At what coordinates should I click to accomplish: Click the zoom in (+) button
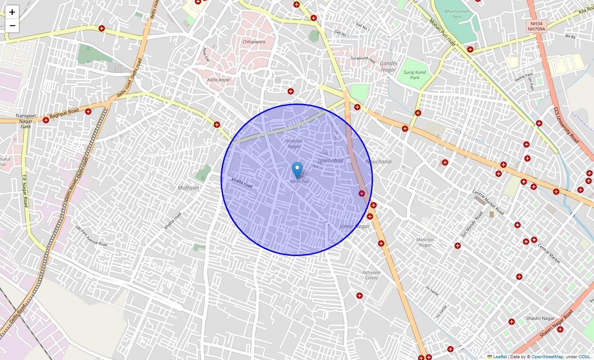(12, 12)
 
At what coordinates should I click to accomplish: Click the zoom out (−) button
(12, 26)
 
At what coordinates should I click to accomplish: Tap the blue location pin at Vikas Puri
(297, 171)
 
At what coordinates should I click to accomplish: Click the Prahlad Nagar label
(294, 144)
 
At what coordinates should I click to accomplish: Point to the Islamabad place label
(330, 161)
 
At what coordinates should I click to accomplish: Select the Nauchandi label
(378, 162)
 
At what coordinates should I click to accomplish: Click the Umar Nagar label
(355, 226)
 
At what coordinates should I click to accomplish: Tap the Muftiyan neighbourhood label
(188, 188)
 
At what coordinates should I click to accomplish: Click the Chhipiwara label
(254, 42)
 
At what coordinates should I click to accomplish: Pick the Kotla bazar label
(219, 80)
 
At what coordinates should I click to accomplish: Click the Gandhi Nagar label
(388, 67)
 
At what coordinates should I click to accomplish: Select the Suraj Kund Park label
(414, 75)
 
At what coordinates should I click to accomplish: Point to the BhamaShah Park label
(457, 14)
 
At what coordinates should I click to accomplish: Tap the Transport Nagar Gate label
(26, 121)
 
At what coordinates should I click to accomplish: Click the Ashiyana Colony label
(372, 275)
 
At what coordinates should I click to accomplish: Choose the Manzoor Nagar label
(425, 243)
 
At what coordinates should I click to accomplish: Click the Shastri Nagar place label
(540, 319)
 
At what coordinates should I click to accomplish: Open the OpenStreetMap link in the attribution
(547, 357)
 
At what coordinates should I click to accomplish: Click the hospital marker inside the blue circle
(361, 193)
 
